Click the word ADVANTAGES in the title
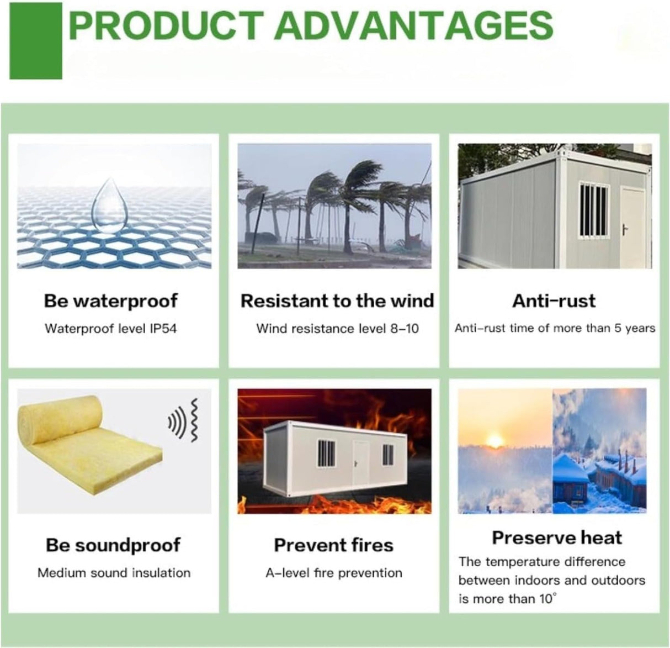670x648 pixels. [413, 26]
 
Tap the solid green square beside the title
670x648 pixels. [36, 41]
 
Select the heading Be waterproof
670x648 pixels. [111, 301]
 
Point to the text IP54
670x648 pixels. [163, 329]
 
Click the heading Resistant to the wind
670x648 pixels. [337, 301]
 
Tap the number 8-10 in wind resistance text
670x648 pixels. [405, 329]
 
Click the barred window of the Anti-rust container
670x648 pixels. [594, 210]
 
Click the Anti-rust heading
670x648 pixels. [554, 301]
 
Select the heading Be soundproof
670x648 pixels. [113, 545]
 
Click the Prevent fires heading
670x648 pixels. [334, 545]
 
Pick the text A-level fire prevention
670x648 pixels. [334, 573]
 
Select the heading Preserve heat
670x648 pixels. [557, 538]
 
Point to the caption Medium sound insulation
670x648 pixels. [114, 573]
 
